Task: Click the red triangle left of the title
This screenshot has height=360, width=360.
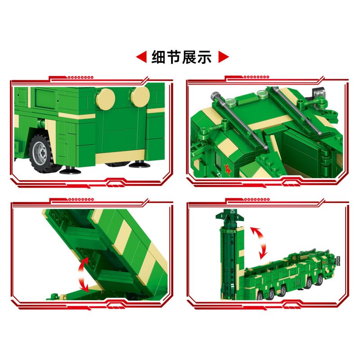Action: click(141, 57)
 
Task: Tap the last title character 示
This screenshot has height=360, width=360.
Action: click(205, 57)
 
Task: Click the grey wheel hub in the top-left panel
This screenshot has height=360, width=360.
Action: click(43, 151)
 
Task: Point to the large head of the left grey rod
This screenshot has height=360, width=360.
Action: click(215, 96)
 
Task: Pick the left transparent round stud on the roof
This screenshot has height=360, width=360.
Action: click(230, 102)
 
